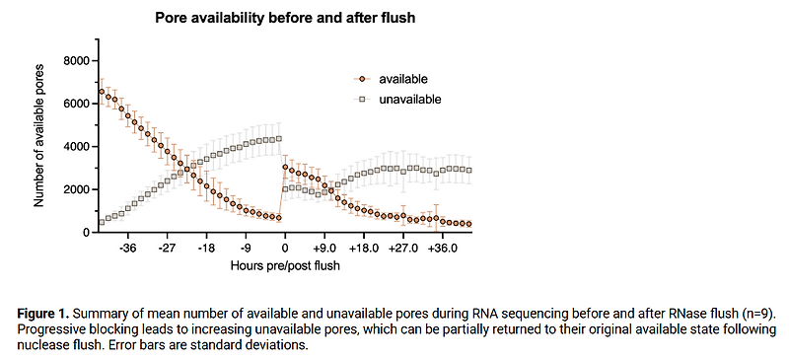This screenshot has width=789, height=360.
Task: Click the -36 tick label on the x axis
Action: tap(127, 249)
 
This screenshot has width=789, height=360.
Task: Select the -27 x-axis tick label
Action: tap(167, 249)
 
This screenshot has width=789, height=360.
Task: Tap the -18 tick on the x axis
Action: tap(206, 249)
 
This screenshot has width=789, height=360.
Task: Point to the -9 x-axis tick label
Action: tap(246, 249)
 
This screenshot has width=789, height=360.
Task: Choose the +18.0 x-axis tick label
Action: tap(365, 249)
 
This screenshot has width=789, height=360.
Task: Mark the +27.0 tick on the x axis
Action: tap(404, 249)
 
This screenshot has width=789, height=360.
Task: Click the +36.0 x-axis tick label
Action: tap(444, 249)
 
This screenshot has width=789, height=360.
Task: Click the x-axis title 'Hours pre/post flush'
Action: tap(285, 266)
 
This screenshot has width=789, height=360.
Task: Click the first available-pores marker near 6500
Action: tap(102, 92)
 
